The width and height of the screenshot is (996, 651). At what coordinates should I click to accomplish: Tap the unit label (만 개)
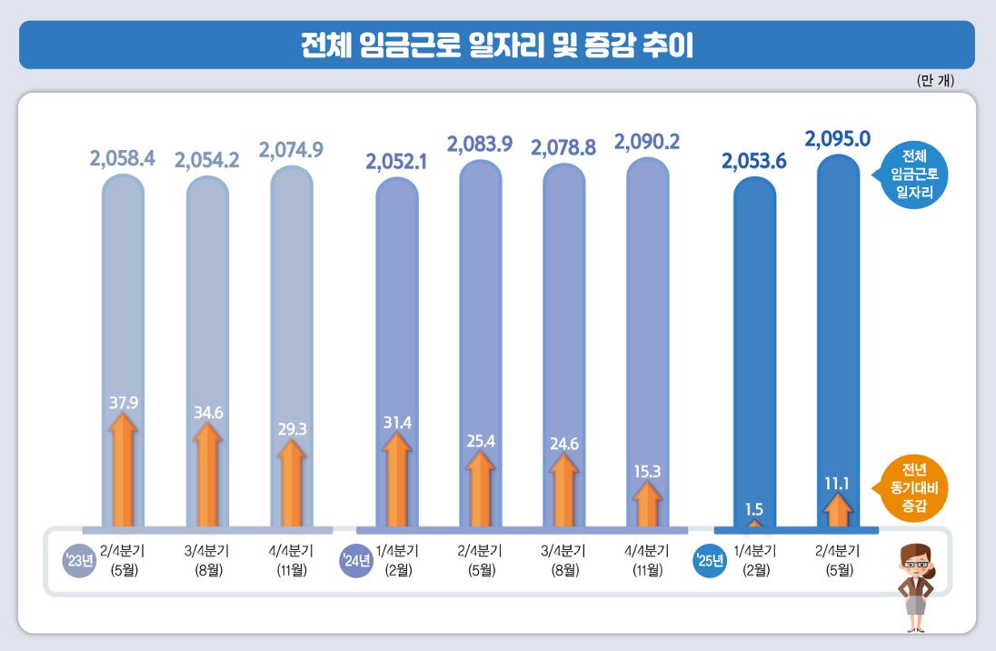click(935, 80)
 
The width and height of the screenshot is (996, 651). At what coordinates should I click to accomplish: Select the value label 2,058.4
click(123, 159)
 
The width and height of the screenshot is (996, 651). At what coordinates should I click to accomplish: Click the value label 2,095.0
click(838, 138)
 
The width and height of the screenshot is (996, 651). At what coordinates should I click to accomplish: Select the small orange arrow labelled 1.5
click(754, 524)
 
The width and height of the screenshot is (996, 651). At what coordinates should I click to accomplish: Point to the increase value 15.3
click(647, 471)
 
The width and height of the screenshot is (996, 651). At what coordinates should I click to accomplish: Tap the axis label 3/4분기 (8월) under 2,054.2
click(206, 560)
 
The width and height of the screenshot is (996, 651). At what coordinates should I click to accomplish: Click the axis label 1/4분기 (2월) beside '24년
click(396, 560)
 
